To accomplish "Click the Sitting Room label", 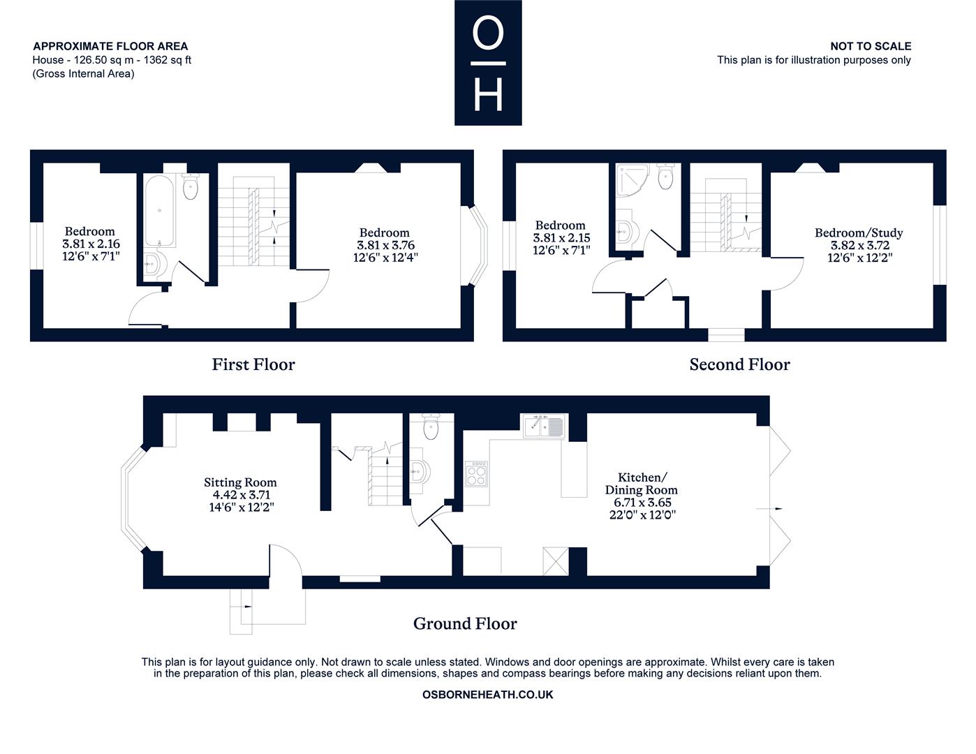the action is pyautogui.click(x=240, y=482).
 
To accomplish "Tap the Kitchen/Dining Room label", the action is pyautogui.click(x=642, y=483).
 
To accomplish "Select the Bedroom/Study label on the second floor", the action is pyautogui.click(x=859, y=232).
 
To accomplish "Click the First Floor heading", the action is pyautogui.click(x=253, y=364).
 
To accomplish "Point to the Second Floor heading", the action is pyautogui.click(x=740, y=364).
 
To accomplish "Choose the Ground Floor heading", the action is pyautogui.click(x=465, y=623).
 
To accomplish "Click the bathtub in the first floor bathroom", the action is pyautogui.click(x=159, y=211).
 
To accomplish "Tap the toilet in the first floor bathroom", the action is pyautogui.click(x=191, y=186).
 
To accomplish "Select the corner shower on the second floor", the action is pyautogui.click(x=633, y=180).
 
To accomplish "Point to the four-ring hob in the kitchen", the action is pyautogui.click(x=477, y=474).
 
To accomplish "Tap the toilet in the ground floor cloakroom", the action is pyautogui.click(x=430, y=426).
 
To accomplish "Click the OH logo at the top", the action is pyautogui.click(x=488, y=62).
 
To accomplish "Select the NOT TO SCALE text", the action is pyautogui.click(x=871, y=46).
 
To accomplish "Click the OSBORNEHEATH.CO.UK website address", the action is pyautogui.click(x=487, y=695).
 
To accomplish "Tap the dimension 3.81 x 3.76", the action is pyautogui.click(x=385, y=245).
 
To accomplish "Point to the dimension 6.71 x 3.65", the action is pyautogui.click(x=642, y=503).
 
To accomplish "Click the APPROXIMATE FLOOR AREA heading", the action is pyautogui.click(x=110, y=46).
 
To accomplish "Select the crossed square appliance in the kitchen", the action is pyautogui.click(x=556, y=561).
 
